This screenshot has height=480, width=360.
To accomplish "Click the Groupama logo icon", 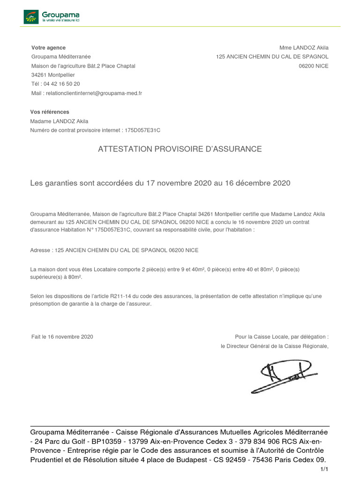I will coord(31,17).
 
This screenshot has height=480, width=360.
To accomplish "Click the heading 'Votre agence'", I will coord(48,48).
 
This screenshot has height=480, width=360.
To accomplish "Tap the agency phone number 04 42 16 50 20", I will coord(62,84).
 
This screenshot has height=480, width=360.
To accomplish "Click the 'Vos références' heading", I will coord(50,112).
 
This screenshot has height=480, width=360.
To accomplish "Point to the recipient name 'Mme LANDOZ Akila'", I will coord(304,48).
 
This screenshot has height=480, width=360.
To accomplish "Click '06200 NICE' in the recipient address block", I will coord(314,66).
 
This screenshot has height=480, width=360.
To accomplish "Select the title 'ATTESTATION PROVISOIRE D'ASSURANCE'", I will coord(180,149).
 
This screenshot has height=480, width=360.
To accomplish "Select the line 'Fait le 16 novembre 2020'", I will coord(62,337).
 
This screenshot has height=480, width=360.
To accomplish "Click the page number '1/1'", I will coord(324,469).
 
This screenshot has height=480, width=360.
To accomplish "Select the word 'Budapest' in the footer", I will coord(193,459).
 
